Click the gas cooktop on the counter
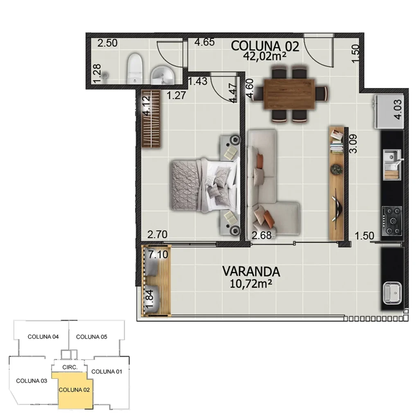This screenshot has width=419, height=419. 392,221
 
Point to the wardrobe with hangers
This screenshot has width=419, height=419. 151,119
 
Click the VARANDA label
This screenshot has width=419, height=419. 251,271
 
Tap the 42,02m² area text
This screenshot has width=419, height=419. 265,56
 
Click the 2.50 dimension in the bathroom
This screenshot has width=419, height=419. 108,43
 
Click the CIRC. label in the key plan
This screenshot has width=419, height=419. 70,367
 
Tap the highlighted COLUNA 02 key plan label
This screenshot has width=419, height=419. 74,390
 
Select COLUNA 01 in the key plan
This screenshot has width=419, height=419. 107,372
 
